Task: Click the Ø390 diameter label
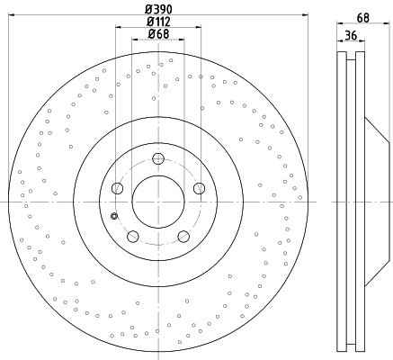click(158, 9)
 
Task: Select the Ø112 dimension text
click(158, 22)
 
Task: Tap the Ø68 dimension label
click(158, 33)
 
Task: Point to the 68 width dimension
click(363, 18)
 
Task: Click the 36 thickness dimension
click(351, 35)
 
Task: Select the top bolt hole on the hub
click(158, 158)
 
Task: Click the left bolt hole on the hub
click(117, 188)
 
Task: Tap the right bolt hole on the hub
click(199, 188)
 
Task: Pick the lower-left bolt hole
click(133, 237)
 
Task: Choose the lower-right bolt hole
click(183, 237)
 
